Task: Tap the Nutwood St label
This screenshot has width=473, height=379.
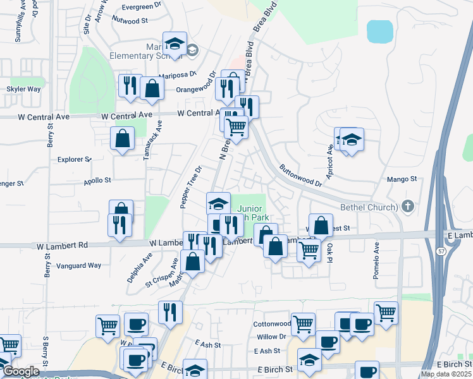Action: pyautogui.click(x=130, y=20)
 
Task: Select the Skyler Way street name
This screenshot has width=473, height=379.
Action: pyautogui.click(x=23, y=89)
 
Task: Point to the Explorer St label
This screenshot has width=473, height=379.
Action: pyautogui.click(x=75, y=159)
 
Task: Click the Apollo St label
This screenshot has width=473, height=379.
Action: pyautogui.click(x=97, y=180)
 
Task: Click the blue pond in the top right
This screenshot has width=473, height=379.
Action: pyautogui.click(x=379, y=32)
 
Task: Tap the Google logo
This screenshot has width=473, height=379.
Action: pyautogui.click(x=21, y=371)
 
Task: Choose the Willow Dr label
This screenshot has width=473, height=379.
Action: pyautogui.click(x=272, y=337)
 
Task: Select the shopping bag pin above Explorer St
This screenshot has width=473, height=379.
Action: pyautogui.click(x=121, y=138)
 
